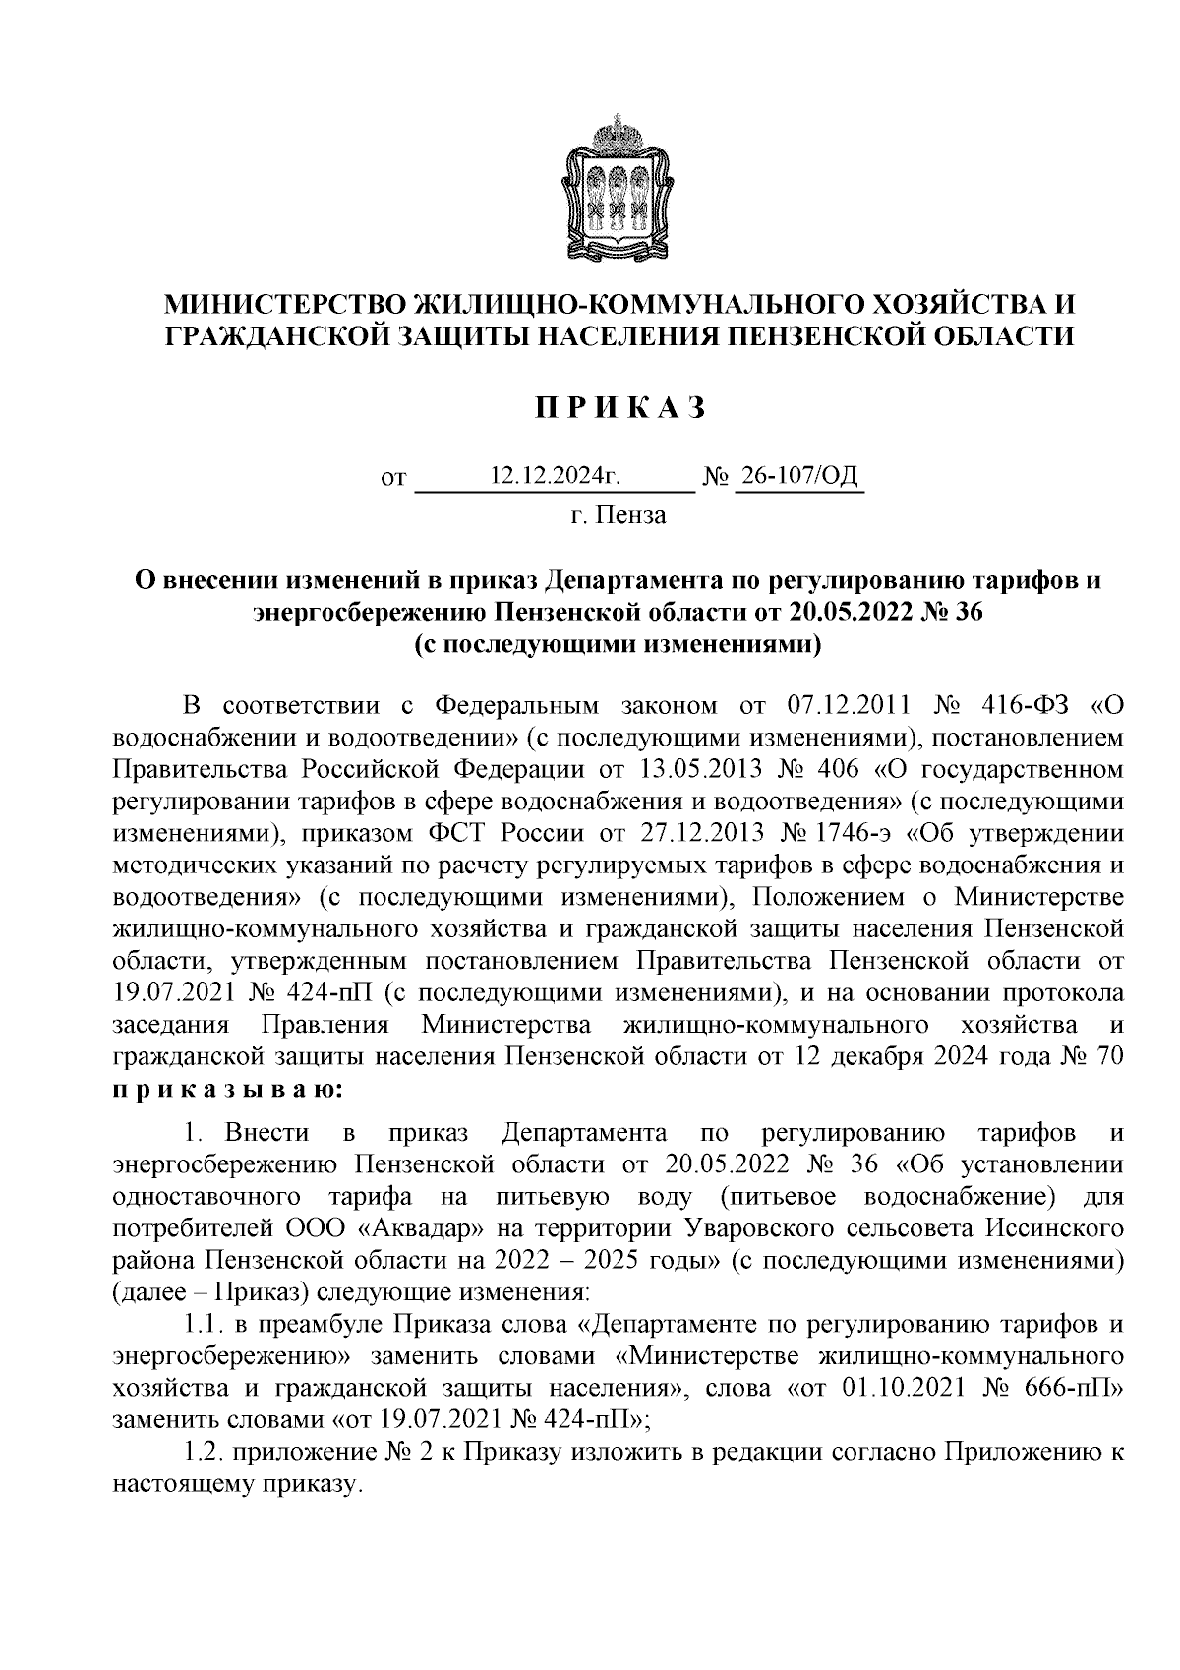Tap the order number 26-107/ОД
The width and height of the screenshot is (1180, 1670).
click(x=799, y=477)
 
